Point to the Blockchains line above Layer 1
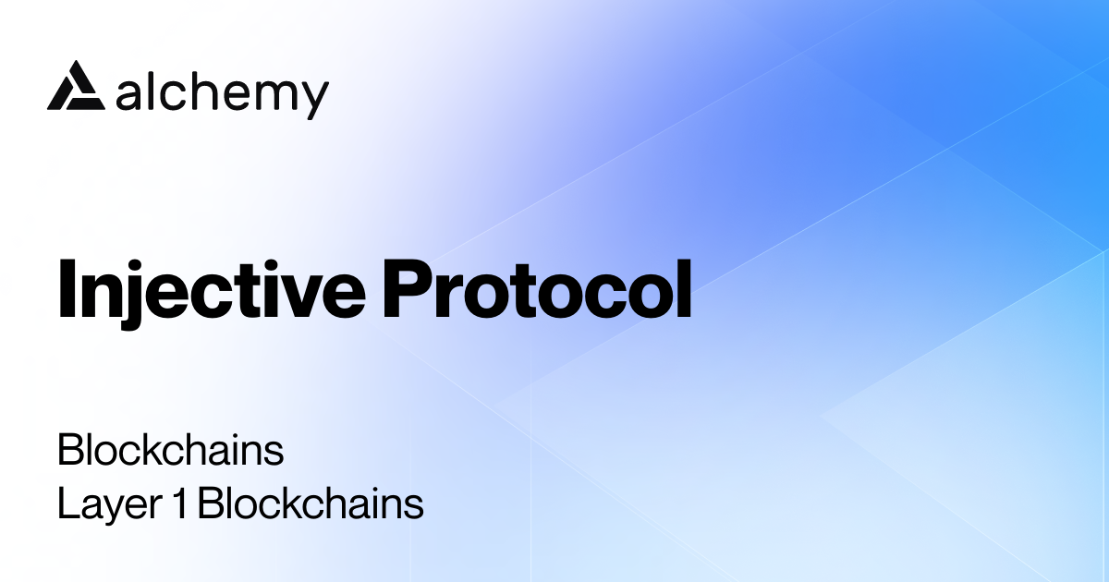pyautogui.click(x=170, y=452)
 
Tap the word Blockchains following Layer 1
pyautogui.click(x=310, y=505)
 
